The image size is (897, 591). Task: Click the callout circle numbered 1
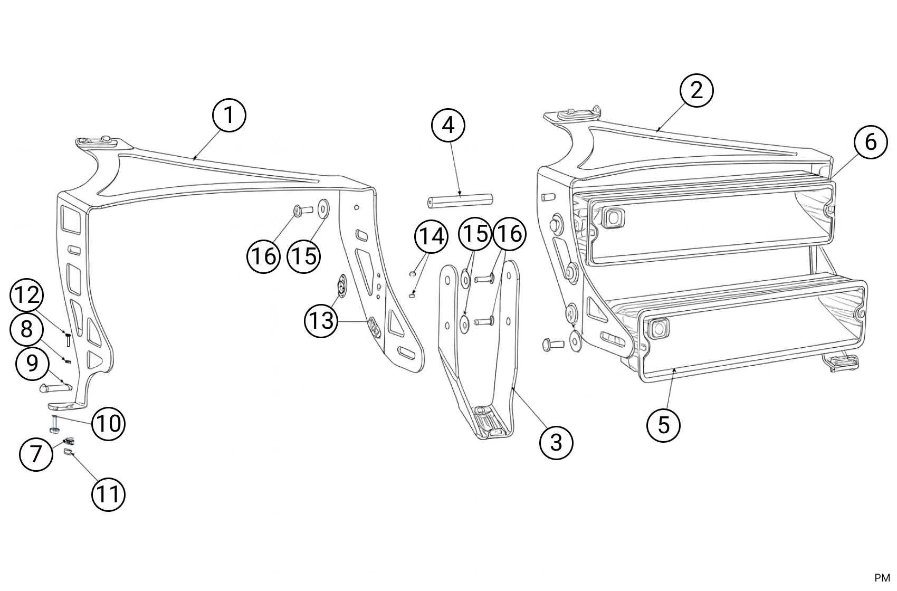click(x=228, y=116)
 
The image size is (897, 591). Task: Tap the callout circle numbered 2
click(x=696, y=90)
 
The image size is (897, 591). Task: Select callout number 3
click(x=556, y=443)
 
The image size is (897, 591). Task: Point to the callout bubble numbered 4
click(x=448, y=126)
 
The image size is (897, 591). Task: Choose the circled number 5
click(x=664, y=425)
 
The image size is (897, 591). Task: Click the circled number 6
click(x=871, y=142)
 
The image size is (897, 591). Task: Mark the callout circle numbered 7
click(x=36, y=454)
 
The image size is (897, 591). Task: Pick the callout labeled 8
click(x=26, y=329)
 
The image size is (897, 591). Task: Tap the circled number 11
click(x=108, y=494)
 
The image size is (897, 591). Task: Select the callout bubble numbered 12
click(x=26, y=295)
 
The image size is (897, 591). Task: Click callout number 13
click(x=321, y=321)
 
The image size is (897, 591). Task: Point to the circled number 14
click(x=431, y=236)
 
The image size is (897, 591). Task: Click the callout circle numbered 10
click(x=108, y=424)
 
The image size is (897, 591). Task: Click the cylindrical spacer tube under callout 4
click(x=460, y=201)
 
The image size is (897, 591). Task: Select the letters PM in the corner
click(x=882, y=578)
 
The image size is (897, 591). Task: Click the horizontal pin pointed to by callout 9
click(x=55, y=388)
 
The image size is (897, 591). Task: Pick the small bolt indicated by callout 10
click(x=54, y=424)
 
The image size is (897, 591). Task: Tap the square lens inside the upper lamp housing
click(x=612, y=217)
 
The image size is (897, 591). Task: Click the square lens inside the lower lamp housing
click(x=657, y=329)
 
